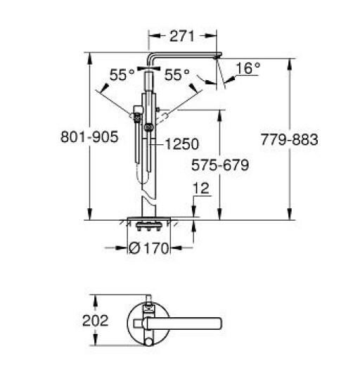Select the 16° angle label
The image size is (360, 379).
(247, 68)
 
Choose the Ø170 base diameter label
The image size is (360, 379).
(148, 248)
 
